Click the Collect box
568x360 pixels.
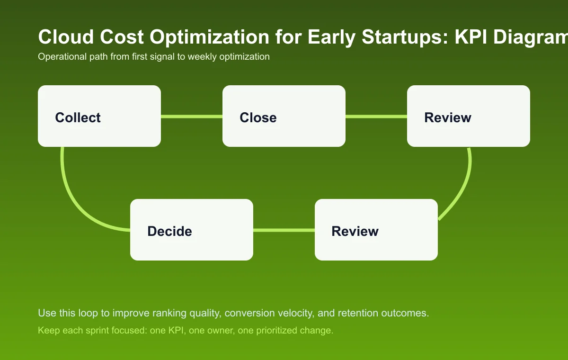[99, 116]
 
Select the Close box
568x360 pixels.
[284, 116]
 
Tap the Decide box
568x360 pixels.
[192, 230]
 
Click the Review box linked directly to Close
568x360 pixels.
[469, 116]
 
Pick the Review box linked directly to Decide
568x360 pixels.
[376, 230]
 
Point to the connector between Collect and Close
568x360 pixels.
[192, 116]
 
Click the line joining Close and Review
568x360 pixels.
[376, 116]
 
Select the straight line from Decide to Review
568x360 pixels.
[284, 230]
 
